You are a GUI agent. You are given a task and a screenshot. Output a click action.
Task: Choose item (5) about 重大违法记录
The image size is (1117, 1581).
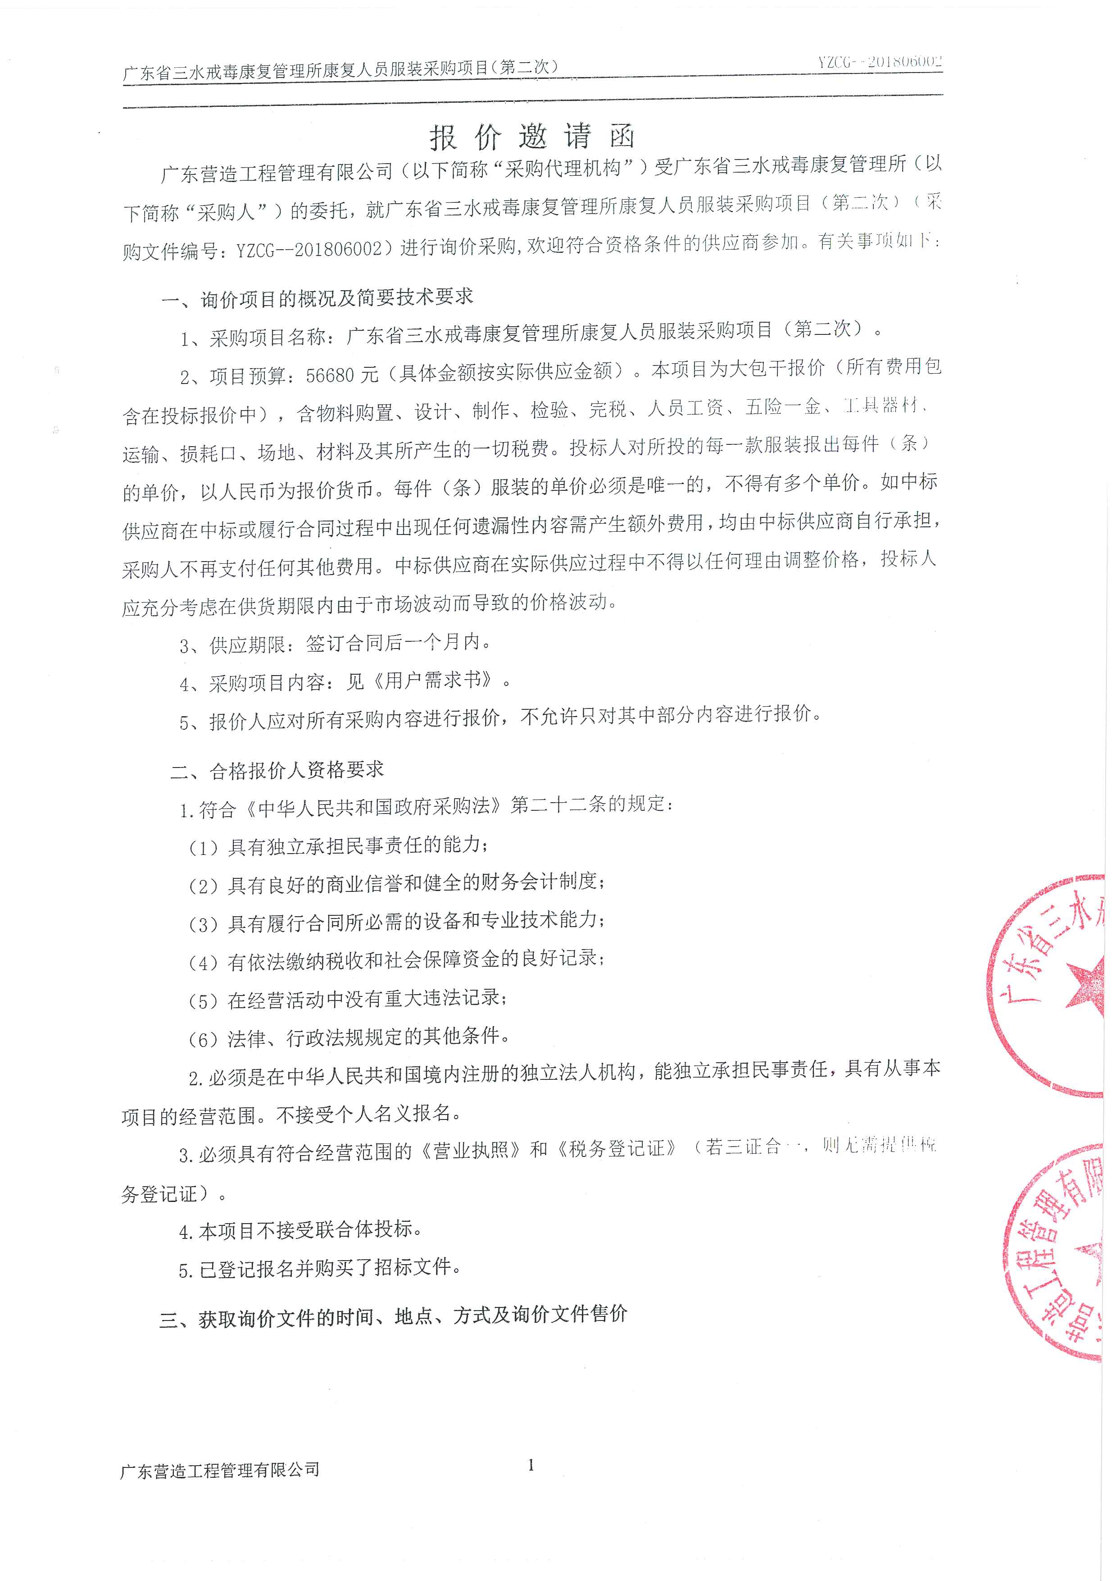point(348,998)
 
